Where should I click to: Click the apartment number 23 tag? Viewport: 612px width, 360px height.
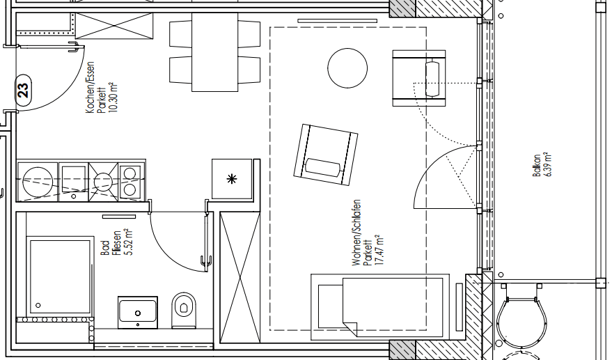23,90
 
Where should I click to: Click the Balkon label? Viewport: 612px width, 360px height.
537,166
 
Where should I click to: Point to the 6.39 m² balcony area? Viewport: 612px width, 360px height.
547,166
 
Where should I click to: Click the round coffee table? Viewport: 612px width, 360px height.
347,68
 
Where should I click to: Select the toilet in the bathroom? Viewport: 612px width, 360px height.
184,308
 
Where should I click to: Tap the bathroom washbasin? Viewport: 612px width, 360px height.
138,311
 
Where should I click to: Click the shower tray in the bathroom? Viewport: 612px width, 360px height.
60,276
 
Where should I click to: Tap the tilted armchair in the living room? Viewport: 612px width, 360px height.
325,155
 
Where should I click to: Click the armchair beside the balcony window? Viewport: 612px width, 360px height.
418,78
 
